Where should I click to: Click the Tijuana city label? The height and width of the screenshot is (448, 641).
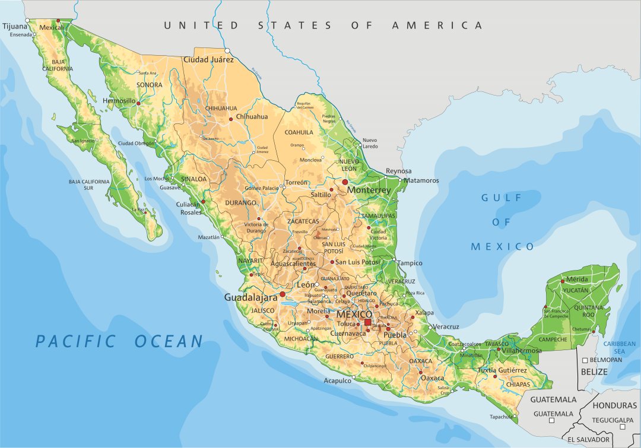click(15, 26)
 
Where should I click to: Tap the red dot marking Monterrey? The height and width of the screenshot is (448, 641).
click(345, 182)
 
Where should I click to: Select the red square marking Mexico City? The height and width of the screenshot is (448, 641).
click(367, 322)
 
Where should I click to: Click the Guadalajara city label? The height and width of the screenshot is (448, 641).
click(250, 297)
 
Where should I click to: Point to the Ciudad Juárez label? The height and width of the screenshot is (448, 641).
click(208, 60)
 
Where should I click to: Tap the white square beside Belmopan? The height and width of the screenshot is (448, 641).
click(585, 360)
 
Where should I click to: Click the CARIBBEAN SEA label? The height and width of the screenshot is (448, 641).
click(618, 348)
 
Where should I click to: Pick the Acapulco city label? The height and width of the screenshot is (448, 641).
click(337, 381)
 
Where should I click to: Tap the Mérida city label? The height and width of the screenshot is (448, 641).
click(577, 279)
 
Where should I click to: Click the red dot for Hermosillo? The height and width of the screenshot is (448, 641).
click(139, 103)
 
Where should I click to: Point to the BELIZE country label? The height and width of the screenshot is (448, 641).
click(594, 372)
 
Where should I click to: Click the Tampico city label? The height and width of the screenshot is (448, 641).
click(410, 263)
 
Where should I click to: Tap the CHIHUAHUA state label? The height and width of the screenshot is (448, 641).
click(221, 109)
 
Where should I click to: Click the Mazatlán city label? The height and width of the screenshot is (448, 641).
click(208, 237)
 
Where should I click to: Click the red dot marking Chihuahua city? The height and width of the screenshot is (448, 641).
click(231, 119)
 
